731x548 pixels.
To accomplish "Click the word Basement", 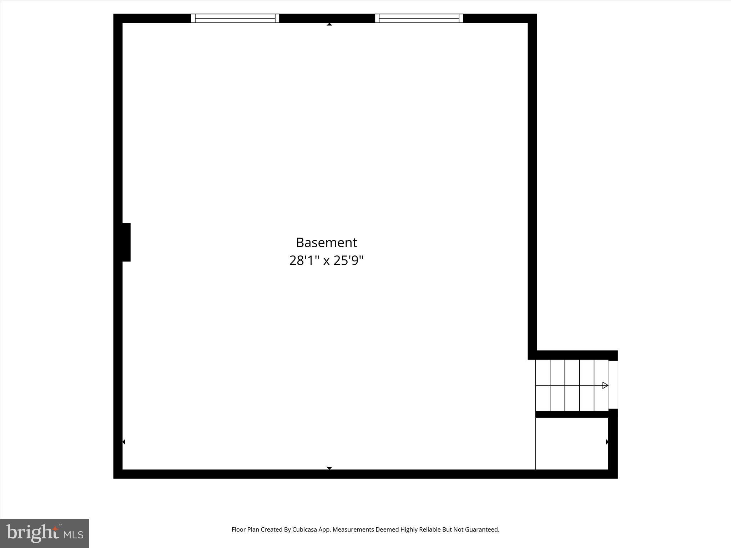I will point(326,243).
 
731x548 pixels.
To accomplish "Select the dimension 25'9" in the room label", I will point(348,261).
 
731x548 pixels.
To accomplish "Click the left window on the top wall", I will point(235,18).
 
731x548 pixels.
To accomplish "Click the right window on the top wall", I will point(419,18).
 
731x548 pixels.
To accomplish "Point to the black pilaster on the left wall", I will point(126,242).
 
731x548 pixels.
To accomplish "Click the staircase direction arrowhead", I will point(605,385).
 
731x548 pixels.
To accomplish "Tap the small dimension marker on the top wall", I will point(329,24).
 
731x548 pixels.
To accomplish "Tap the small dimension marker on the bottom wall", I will point(329,468).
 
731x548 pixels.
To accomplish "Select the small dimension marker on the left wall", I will point(124,442).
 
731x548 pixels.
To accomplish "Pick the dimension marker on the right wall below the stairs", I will point(607,442).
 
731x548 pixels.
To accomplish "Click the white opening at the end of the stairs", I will point(613,385).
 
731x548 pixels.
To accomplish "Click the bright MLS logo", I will point(45,533).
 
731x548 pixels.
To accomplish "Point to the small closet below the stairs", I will point(571,443).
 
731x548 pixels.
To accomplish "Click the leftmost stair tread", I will point(543,385).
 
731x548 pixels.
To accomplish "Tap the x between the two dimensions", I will point(326,262).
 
